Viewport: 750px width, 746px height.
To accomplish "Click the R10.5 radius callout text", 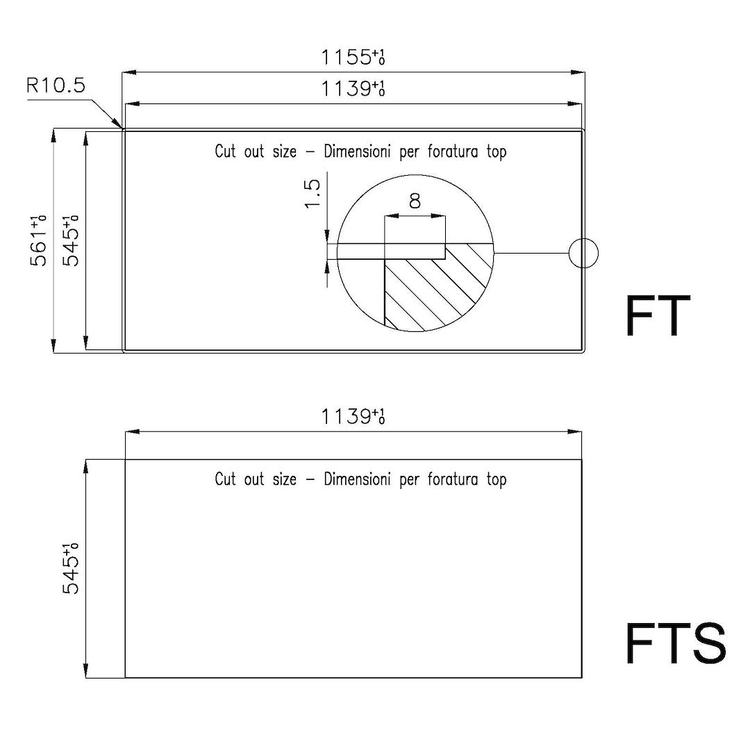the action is point(56,85).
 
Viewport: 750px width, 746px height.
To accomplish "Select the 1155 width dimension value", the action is point(353,58).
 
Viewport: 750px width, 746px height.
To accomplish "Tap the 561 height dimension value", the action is point(39,241).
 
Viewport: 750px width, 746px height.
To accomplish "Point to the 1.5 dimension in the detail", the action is point(312,194).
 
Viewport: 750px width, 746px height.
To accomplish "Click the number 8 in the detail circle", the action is point(415,201).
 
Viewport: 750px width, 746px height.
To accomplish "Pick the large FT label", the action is point(658,316).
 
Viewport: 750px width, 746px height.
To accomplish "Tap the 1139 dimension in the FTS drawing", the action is point(353,417).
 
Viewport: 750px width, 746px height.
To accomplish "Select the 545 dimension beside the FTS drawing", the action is point(71,569).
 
